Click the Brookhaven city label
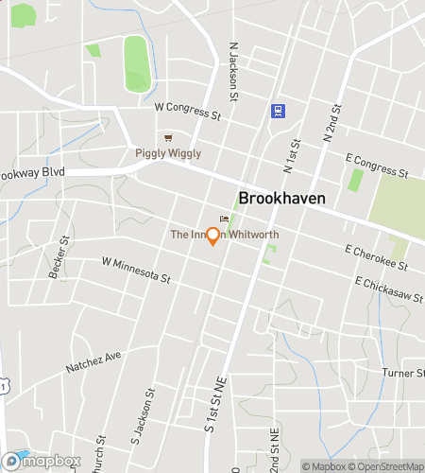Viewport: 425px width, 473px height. [x=281, y=199]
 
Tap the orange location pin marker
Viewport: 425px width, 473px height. [x=213, y=236]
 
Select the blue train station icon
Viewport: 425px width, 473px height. [x=277, y=110]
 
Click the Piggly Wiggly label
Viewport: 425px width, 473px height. [x=169, y=153]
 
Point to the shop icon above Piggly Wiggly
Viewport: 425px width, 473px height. [x=169, y=137]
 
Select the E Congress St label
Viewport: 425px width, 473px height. [x=376, y=166]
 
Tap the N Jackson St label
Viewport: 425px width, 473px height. [x=232, y=67]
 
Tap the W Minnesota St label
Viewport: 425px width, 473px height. [x=136, y=270]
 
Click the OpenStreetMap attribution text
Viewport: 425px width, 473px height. [x=384, y=466]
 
